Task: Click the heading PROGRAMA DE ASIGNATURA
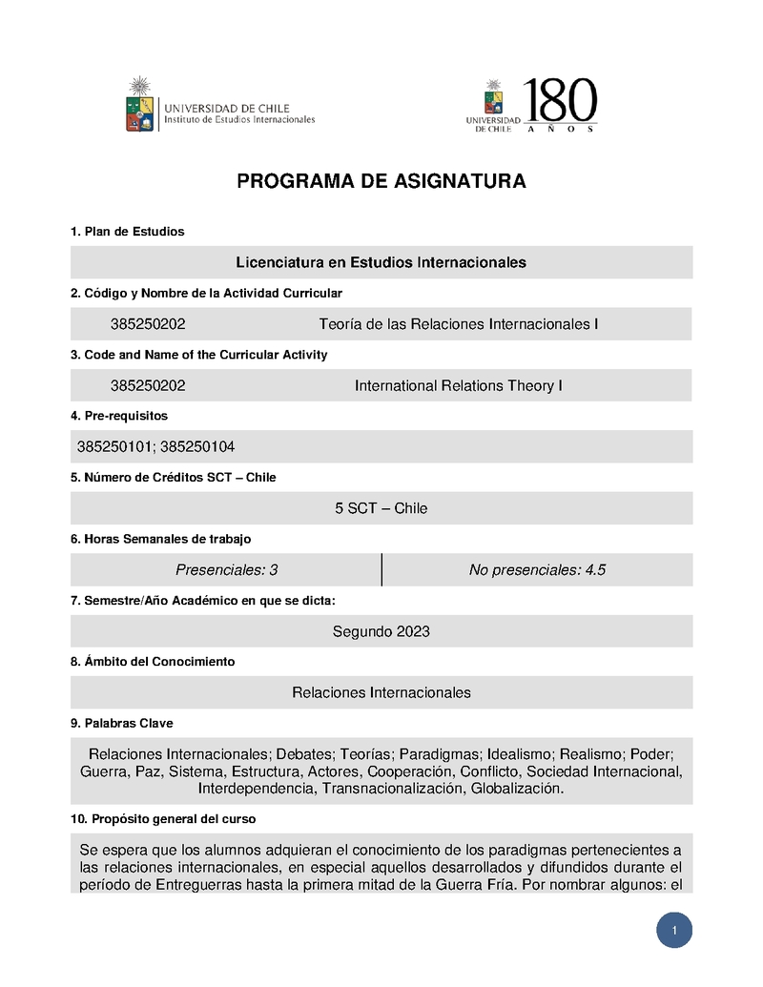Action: (x=381, y=181)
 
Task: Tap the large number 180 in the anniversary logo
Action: (x=561, y=100)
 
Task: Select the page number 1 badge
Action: (x=674, y=931)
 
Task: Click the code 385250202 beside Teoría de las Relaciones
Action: (x=148, y=324)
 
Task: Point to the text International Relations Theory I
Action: (x=458, y=385)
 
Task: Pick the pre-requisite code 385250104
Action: (x=198, y=446)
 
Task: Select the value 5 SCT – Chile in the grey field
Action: (x=381, y=508)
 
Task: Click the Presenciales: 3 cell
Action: (x=226, y=569)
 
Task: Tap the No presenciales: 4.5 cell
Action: (x=537, y=569)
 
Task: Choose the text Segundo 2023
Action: (x=381, y=631)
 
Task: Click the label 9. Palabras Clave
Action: (x=121, y=723)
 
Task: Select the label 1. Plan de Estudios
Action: (x=127, y=232)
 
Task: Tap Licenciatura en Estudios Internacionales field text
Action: (x=381, y=262)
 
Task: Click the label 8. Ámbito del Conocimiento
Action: (x=153, y=661)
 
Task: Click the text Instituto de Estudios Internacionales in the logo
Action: (x=239, y=120)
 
